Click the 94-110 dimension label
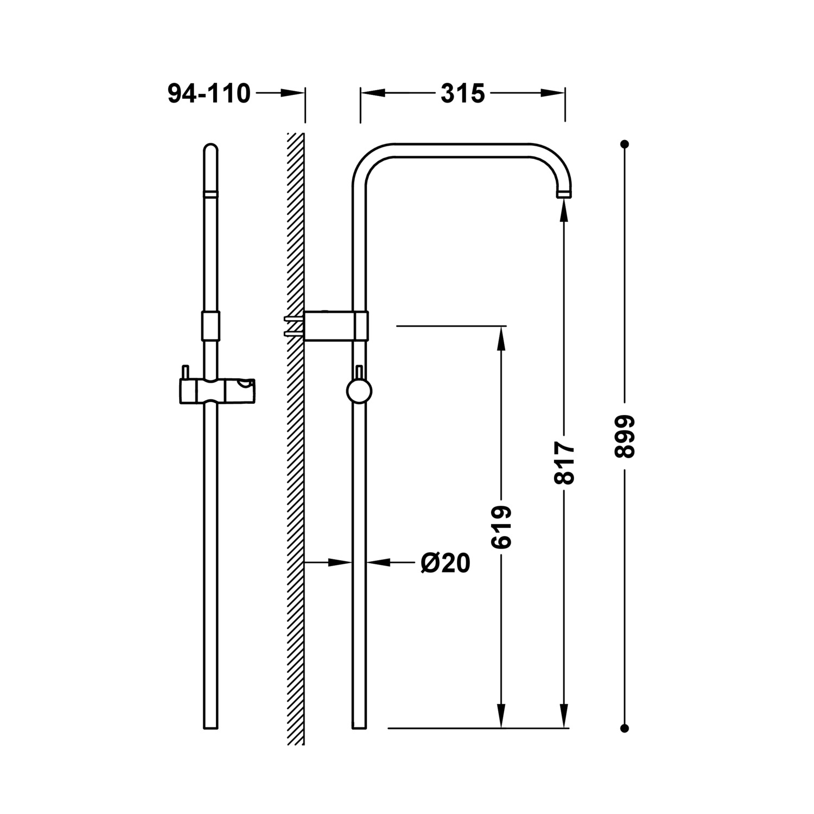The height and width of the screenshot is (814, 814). tap(209, 94)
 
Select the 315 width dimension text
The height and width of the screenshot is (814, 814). tap(462, 94)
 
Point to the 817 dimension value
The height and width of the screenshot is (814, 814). tap(564, 462)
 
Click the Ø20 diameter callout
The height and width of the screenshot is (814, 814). tap(445, 563)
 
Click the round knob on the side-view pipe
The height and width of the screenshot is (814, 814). tap(359, 392)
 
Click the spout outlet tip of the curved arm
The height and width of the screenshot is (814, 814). tap(564, 194)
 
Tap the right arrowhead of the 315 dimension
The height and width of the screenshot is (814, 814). tap(553, 93)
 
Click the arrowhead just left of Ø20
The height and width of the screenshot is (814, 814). tap(379, 563)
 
